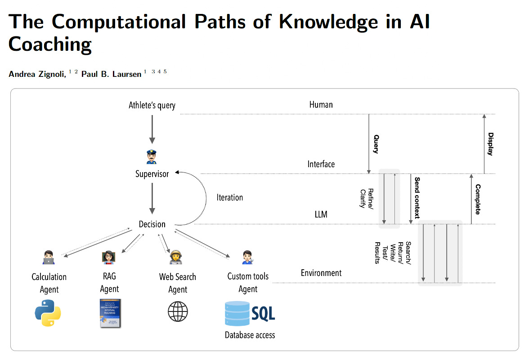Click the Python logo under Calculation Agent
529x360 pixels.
point(48,313)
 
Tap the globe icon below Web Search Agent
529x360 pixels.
point(178,311)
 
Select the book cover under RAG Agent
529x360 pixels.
point(110,312)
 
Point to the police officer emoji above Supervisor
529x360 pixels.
point(152,157)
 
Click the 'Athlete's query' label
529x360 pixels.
point(152,106)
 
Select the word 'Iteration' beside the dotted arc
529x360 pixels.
point(229,197)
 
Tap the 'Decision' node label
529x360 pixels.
point(152,224)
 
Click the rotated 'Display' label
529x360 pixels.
point(490,144)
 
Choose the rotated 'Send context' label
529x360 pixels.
point(417,198)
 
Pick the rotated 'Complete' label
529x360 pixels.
point(478,199)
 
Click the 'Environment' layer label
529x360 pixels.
point(321,273)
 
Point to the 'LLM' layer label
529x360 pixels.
point(321,214)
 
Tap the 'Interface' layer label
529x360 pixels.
point(321,164)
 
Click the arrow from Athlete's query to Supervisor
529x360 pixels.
point(152,129)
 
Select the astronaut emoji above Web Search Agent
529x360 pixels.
point(175,257)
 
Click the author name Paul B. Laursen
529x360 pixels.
point(112,74)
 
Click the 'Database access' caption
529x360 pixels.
point(250,335)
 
